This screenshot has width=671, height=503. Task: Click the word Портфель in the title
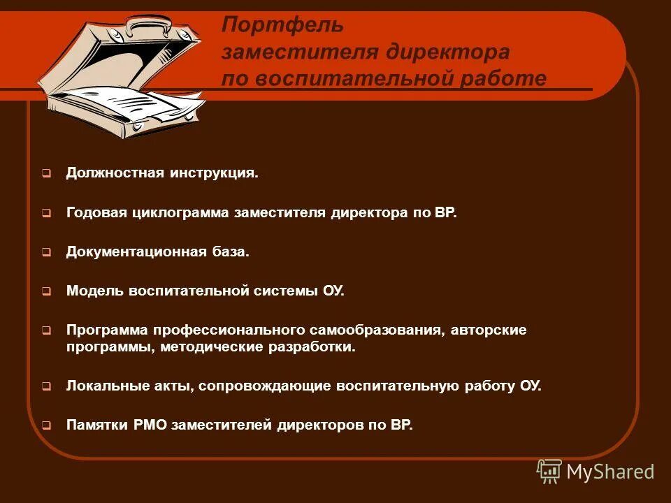pyautogui.click(x=282, y=26)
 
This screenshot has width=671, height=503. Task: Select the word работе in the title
pyautogui.click(x=503, y=79)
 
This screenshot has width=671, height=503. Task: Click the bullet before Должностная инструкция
pyautogui.click(x=45, y=173)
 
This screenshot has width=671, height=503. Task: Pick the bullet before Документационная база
pyautogui.click(x=45, y=253)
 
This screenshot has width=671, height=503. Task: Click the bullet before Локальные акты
pyautogui.click(x=45, y=386)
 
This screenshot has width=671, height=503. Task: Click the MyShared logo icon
pyautogui.click(x=549, y=471)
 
